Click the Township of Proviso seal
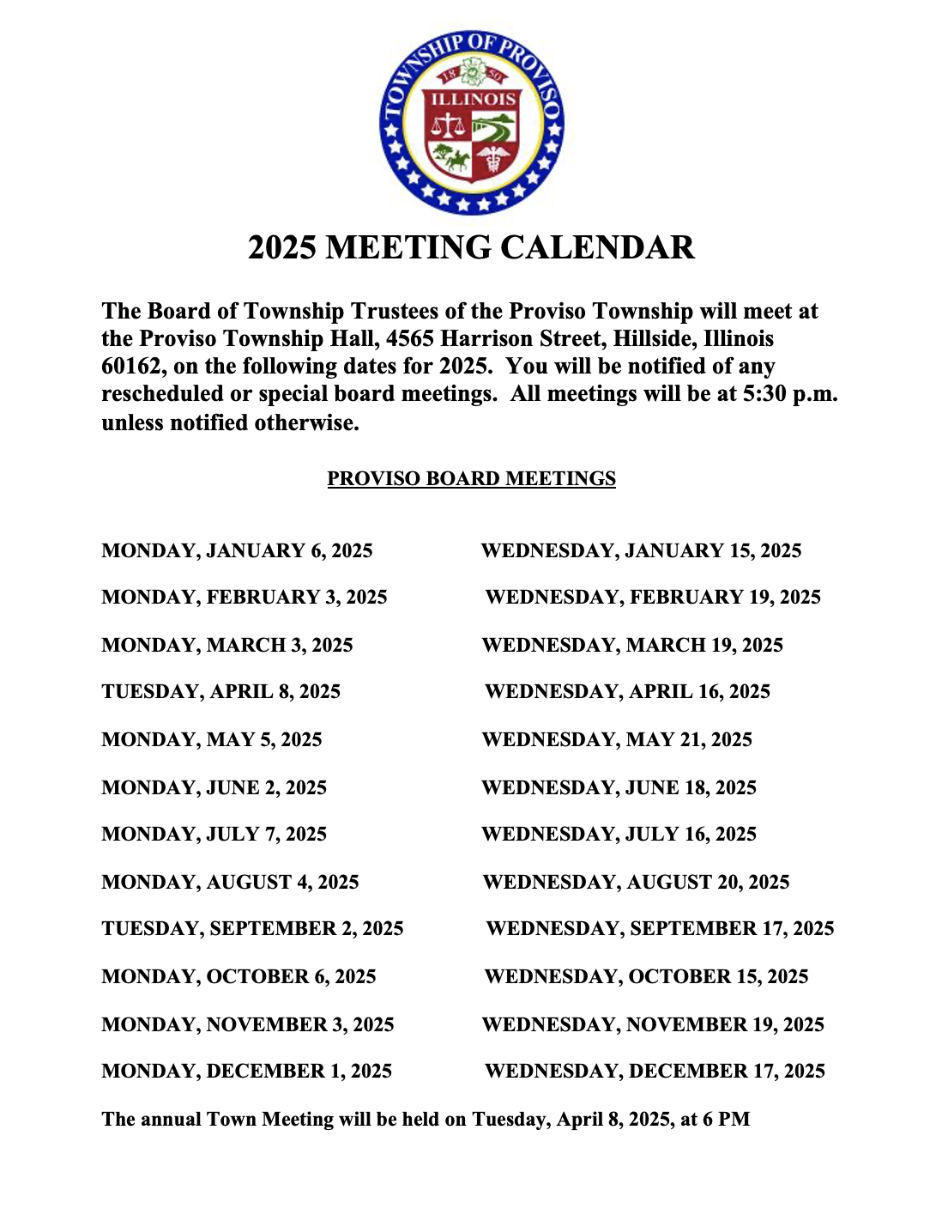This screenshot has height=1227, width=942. [x=471, y=122]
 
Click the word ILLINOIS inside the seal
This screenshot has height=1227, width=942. [x=473, y=100]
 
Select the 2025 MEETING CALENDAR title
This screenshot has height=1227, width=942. [x=471, y=247]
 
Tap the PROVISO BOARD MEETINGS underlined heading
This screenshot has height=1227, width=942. [x=471, y=478]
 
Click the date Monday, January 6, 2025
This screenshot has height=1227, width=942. [x=237, y=550]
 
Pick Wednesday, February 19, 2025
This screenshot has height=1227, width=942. [x=652, y=597]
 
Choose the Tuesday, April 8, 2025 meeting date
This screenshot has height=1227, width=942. [x=220, y=691]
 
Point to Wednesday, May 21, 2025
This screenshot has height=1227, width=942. [x=617, y=739]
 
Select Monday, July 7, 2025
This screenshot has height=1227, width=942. [x=214, y=834]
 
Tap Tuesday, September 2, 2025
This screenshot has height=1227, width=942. [x=252, y=928]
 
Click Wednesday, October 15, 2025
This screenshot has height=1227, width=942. [x=646, y=976]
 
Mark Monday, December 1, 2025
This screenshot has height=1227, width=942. [x=246, y=1071]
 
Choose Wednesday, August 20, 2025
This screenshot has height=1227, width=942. [x=636, y=882]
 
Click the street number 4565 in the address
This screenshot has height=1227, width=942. [x=410, y=338]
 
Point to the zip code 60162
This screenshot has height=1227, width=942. [x=130, y=367]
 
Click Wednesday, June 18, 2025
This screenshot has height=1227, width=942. [x=619, y=787]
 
